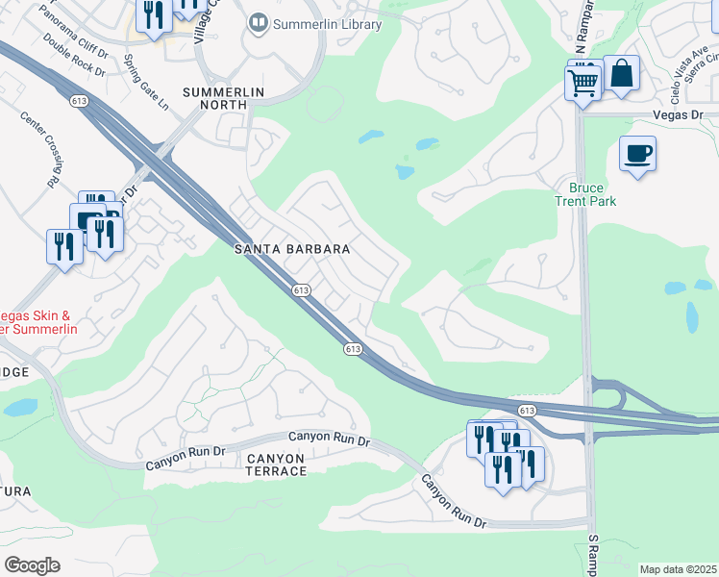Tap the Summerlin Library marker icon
(258, 22)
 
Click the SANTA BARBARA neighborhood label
(293, 248)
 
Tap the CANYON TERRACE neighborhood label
(262, 464)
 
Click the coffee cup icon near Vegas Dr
(636, 154)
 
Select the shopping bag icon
(622, 74)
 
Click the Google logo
(33, 565)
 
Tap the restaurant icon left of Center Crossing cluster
(63, 246)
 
